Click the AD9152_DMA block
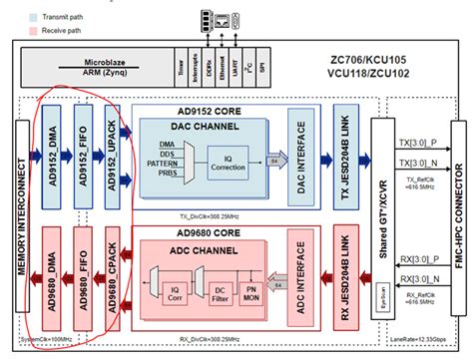pyautogui.click(x=52, y=151)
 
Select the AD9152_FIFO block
pyautogui.click(x=83, y=151)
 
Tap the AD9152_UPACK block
pyautogui.click(x=113, y=151)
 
